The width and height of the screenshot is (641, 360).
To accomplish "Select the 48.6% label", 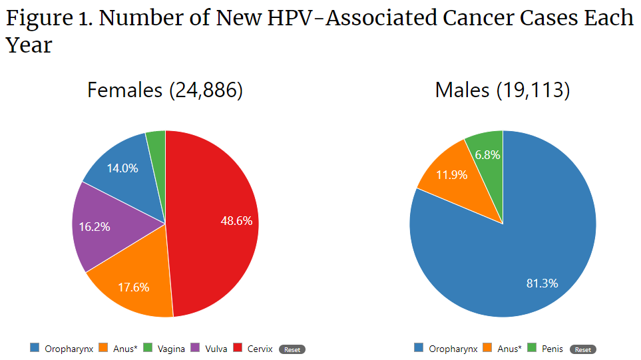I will (x=236, y=221).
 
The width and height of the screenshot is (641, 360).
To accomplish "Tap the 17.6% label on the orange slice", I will (x=133, y=287).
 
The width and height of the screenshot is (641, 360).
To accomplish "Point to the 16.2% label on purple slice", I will (x=94, y=226).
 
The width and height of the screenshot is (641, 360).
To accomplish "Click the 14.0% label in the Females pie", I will (x=122, y=168).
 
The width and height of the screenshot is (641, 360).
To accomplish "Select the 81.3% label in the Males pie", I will (x=542, y=283).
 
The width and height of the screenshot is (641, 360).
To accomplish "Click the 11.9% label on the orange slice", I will (x=451, y=176).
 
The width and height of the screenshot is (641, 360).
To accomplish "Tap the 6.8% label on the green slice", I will (x=487, y=154).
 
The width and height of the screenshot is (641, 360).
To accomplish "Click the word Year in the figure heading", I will (x=29, y=45).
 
